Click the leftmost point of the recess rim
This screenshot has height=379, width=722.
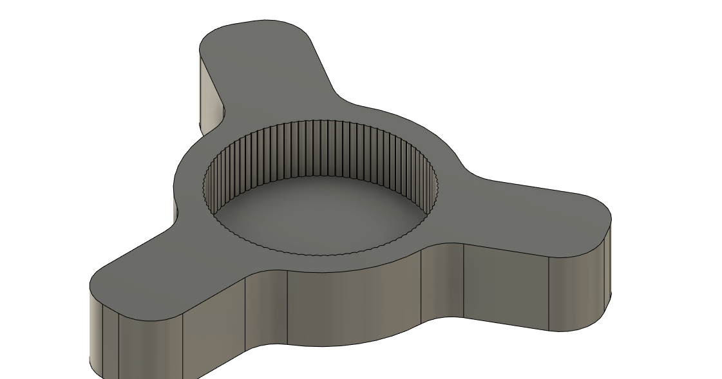click(204, 187)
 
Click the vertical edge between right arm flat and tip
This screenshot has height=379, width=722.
click(549, 293)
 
